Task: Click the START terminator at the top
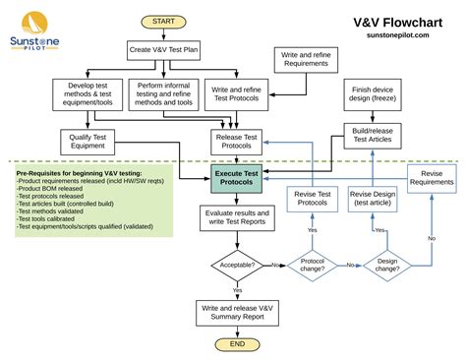(164, 21)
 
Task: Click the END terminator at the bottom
(237, 344)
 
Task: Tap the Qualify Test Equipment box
(87, 140)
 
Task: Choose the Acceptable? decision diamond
(237, 265)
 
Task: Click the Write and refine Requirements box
(307, 61)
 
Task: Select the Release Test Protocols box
(237, 141)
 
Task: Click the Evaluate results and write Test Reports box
(237, 217)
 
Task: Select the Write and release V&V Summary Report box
(237, 312)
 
